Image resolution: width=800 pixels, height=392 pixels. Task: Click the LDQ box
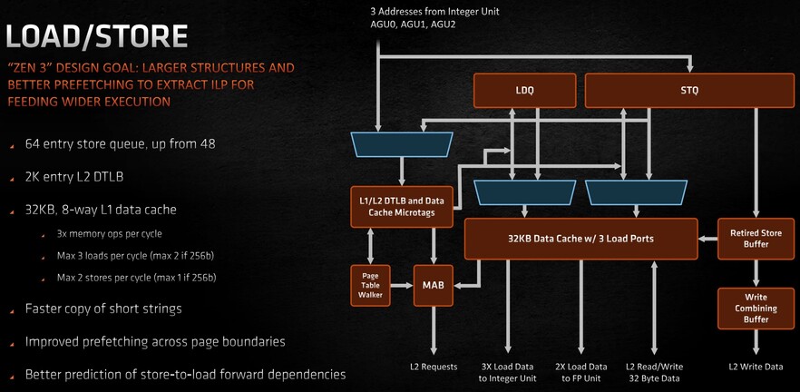click(525, 91)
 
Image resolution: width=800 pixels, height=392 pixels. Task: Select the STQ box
click(689, 91)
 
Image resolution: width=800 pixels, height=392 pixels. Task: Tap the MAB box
click(434, 285)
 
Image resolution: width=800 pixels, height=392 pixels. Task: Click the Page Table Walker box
click(370, 285)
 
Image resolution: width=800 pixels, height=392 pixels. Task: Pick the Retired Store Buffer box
click(756, 239)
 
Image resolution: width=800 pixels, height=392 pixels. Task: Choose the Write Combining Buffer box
click(756, 309)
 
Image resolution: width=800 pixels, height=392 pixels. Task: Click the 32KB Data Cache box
click(580, 239)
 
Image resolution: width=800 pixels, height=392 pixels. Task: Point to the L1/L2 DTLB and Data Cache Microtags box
click(402, 207)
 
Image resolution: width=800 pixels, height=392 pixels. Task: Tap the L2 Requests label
click(434, 367)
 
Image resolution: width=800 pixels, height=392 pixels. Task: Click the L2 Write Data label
click(756, 367)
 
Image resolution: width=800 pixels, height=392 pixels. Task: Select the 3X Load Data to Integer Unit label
click(508, 373)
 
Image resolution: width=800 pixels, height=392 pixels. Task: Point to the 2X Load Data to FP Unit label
click(581, 373)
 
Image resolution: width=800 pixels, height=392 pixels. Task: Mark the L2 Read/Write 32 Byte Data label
click(655, 373)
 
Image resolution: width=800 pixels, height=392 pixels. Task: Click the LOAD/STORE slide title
click(96, 37)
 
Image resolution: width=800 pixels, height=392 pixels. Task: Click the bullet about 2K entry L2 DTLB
click(74, 177)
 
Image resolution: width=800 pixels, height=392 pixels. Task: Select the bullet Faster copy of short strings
click(103, 309)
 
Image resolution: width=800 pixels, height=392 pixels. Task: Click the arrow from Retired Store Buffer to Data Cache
click(707, 239)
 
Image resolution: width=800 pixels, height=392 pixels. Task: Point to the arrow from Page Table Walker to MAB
click(402, 285)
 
